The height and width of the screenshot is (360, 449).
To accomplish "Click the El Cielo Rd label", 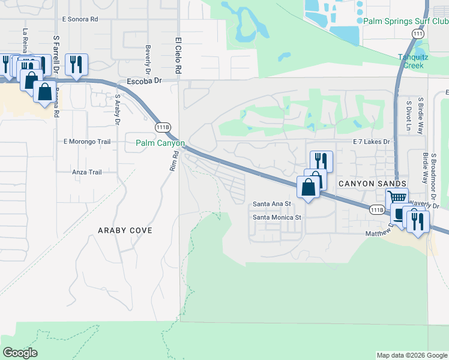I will (x=178, y=57).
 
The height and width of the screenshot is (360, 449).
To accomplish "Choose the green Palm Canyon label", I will (x=160, y=143).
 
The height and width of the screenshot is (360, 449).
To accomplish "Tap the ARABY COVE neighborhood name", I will (x=125, y=230).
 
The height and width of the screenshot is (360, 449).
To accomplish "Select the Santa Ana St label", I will (x=271, y=204).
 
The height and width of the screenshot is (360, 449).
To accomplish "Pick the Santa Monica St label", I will (x=276, y=217).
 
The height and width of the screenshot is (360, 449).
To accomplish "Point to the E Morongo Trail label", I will (x=87, y=142).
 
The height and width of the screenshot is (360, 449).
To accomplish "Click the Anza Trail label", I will (x=86, y=172).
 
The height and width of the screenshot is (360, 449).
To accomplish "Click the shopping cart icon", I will (x=396, y=197).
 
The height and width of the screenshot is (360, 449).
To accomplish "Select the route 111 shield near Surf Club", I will (x=419, y=34).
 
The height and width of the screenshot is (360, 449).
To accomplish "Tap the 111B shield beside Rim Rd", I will (x=162, y=127).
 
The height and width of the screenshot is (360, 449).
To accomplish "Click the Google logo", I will (x=20, y=353).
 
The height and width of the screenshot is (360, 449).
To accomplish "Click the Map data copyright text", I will (x=412, y=355).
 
